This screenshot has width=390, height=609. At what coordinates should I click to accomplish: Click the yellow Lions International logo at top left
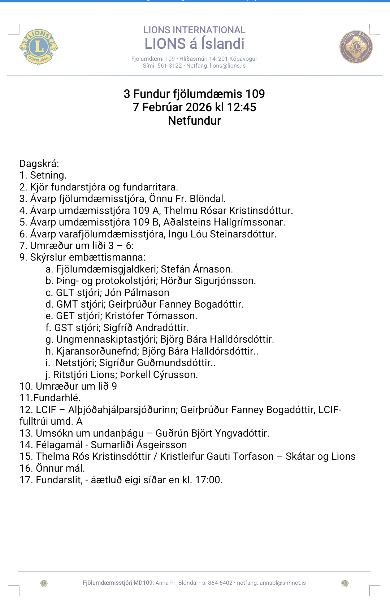coord(39,47)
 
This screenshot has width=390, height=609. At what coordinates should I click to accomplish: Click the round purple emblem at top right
coord(356,47)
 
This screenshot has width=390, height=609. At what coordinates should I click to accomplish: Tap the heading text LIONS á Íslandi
coord(194,44)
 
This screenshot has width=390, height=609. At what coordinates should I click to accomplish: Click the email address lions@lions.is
coord(228,66)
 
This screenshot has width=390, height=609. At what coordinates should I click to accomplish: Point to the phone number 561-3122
coord(170,66)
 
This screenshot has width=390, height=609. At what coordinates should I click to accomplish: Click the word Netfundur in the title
coord(194,121)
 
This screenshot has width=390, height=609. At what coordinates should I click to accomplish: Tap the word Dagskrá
coord(39,164)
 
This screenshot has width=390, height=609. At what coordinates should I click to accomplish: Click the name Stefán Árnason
coord(197,269)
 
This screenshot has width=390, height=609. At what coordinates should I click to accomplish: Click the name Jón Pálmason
coord(137,293)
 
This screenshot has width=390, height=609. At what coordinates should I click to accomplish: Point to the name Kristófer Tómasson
coord(151,316)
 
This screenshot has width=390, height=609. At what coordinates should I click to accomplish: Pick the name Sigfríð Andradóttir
coord(146,328)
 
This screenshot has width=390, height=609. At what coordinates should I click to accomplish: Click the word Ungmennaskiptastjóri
coord(107,339)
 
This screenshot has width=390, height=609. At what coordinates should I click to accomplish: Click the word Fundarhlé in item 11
coord(56,398)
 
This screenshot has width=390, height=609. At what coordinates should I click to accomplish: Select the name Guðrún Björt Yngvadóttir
coord(212,433)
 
